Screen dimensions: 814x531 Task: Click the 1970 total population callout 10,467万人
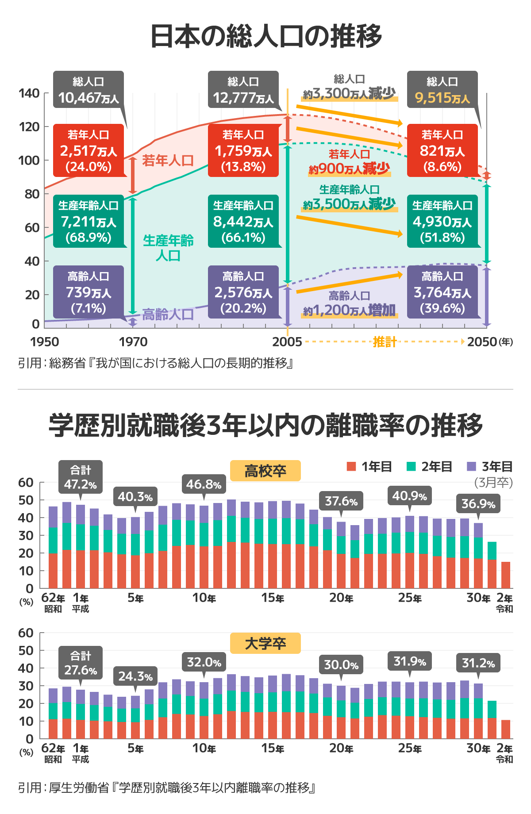(88, 90)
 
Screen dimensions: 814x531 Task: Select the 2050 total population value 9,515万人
(442, 98)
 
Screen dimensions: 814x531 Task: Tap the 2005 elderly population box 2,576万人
(243, 292)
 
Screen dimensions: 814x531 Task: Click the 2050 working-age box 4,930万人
(442, 221)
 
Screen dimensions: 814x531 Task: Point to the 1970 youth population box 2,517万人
(88, 150)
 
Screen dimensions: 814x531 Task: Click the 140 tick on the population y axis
(29, 93)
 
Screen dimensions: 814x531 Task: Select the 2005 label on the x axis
(287, 342)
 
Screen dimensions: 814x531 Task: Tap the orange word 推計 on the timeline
(384, 342)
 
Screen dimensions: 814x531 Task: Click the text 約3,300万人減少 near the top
(349, 93)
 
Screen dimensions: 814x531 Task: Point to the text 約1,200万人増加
(349, 310)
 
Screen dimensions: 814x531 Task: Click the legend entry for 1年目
(369, 467)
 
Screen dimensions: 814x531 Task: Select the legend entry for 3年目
(490, 467)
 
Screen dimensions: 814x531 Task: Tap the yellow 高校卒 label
(265, 471)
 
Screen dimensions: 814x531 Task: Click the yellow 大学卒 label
(265, 643)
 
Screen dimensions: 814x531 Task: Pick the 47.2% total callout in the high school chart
(81, 477)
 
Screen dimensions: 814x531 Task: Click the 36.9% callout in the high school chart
(478, 504)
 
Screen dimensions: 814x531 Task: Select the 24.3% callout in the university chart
(135, 676)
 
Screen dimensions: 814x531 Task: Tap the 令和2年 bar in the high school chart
(506, 575)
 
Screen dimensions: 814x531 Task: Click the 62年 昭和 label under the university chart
(53, 753)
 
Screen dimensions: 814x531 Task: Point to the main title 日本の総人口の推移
(265, 36)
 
